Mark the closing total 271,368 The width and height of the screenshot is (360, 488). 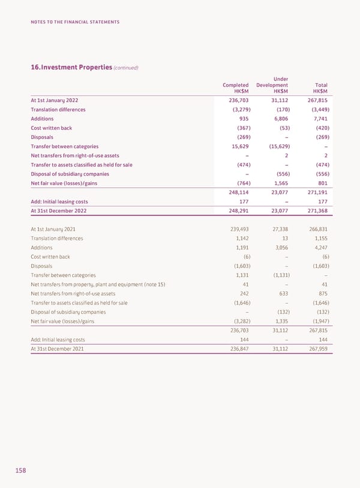pos(316,212)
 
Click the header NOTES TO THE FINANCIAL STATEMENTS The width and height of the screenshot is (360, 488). pos(75,22)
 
